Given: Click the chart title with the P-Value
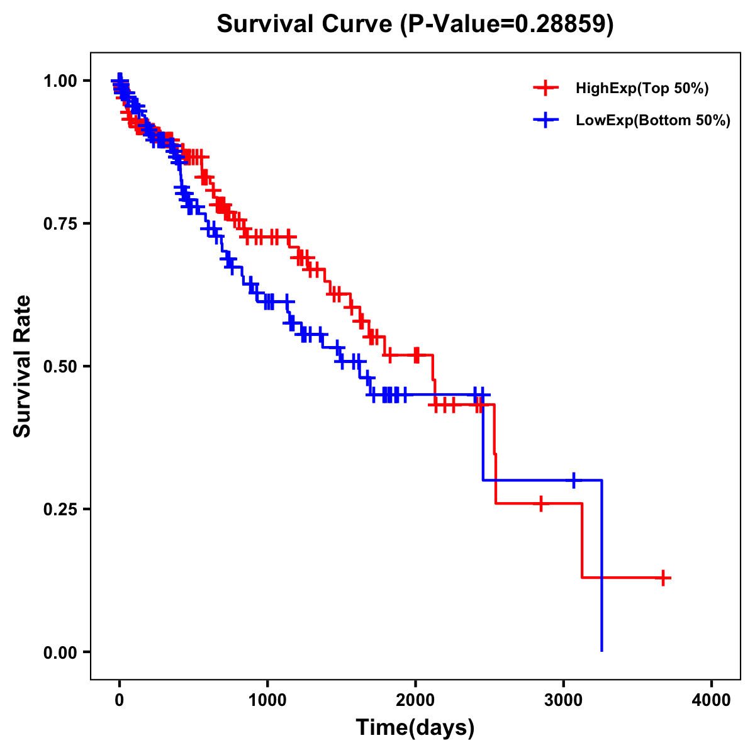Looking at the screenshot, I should pyautogui.click(x=415, y=25).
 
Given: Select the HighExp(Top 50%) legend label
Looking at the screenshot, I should pyautogui.click(x=642, y=89).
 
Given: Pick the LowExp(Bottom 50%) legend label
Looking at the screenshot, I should pyautogui.click(x=653, y=121).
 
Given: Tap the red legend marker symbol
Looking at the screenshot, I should pyautogui.click(x=545, y=88).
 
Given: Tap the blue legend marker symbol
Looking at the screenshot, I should pyautogui.click(x=545, y=120).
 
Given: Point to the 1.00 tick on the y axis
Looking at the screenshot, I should pyautogui.click(x=60, y=81).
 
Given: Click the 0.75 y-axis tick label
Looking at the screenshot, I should pyautogui.click(x=60, y=224).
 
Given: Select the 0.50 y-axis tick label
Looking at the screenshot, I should pyautogui.click(x=60, y=366).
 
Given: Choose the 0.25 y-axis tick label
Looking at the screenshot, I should pyautogui.click(x=60, y=509).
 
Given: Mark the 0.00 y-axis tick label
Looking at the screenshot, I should pyautogui.click(x=60, y=652).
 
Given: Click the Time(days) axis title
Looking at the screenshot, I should pyautogui.click(x=415, y=728).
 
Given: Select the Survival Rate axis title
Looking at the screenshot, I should pyautogui.click(x=23, y=366).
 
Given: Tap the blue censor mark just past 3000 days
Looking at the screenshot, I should pyautogui.click(x=574, y=480).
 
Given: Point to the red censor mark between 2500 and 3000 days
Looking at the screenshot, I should pyautogui.click(x=540, y=503).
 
